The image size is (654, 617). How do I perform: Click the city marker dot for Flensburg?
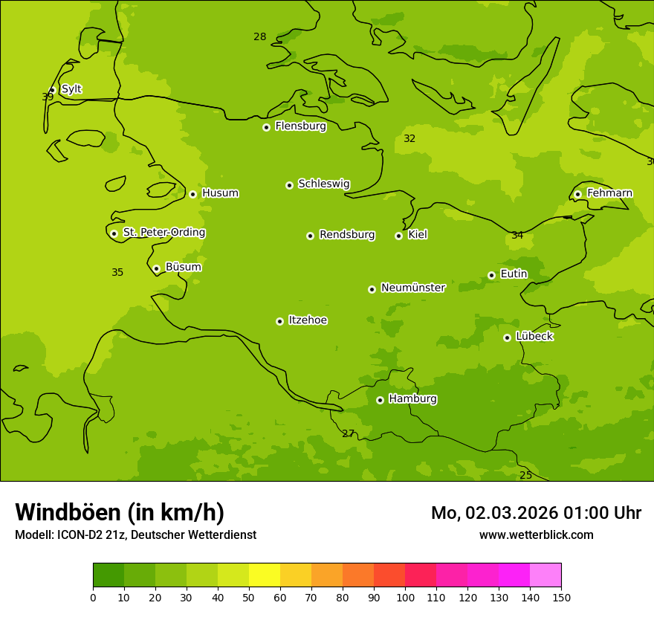(x=266, y=127)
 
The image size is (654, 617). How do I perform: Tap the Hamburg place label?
(x=412, y=399)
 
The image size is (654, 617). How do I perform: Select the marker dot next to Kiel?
(x=398, y=236)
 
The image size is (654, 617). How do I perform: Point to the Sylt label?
(x=71, y=89)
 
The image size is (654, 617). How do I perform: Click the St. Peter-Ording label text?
(x=163, y=233)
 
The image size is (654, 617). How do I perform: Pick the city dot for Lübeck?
(x=507, y=337)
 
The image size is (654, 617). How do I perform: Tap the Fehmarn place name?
(x=609, y=193)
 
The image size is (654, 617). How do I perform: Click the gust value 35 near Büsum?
(x=117, y=273)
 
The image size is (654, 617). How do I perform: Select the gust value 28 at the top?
(x=259, y=37)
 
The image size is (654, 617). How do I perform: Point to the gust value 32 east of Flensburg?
(x=409, y=139)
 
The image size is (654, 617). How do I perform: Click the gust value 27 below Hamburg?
(x=348, y=433)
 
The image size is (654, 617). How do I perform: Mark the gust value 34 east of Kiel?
(x=517, y=236)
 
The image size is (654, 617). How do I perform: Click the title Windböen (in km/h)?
(x=120, y=512)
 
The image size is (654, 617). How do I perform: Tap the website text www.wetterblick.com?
(x=536, y=535)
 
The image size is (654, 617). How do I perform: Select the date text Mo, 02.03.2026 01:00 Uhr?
(x=536, y=513)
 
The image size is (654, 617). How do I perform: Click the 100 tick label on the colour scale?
(x=405, y=597)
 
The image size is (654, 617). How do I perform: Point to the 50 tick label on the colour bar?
(x=249, y=597)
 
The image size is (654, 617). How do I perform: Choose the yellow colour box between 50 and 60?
(x=265, y=575)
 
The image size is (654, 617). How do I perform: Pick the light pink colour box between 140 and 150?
(x=545, y=575)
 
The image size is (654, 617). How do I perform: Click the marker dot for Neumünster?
(x=372, y=289)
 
